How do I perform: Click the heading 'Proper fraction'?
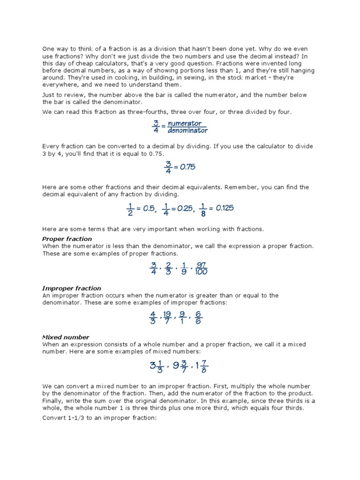(67, 239)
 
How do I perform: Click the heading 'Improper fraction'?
(72, 288)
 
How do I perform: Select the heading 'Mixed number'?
(66, 337)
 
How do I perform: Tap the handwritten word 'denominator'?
(187, 131)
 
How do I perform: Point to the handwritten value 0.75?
(185, 167)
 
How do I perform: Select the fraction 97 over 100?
(201, 269)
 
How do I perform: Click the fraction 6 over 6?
(199, 317)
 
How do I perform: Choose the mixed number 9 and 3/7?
(180, 367)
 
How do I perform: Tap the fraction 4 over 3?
(152, 317)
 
